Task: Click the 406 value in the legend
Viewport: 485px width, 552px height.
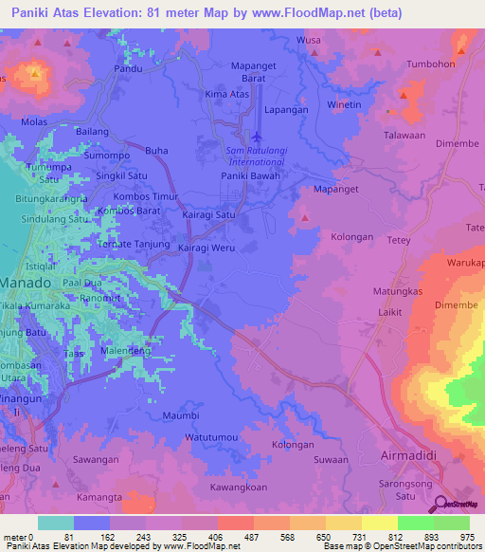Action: pyautogui.click(x=216, y=537)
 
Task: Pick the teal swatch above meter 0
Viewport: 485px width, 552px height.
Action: pyautogui.click(x=56, y=523)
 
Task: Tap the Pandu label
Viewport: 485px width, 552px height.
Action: pyautogui.click(x=129, y=69)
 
